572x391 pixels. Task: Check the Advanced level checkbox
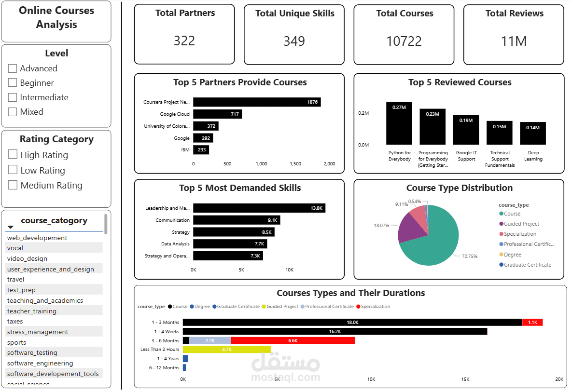point(13,68)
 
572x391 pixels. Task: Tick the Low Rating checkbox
point(13,170)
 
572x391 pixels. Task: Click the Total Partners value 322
point(184,40)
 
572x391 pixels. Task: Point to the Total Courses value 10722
point(404,41)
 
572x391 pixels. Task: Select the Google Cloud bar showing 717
point(217,114)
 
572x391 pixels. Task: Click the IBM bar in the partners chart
point(201,150)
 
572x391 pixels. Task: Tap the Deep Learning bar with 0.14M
point(533,134)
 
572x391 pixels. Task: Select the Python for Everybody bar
point(399,123)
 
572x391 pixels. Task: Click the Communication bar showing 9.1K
point(237,220)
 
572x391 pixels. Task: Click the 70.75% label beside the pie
point(469,256)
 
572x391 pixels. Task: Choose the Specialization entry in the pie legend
point(520,234)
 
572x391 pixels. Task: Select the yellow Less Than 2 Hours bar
point(226,350)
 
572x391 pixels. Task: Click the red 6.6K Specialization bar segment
point(293,340)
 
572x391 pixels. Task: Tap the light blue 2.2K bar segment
point(210,340)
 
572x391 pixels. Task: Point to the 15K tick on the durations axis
point(465,379)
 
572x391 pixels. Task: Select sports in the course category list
point(17,342)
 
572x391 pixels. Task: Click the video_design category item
point(27,258)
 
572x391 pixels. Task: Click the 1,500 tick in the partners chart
point(295,164)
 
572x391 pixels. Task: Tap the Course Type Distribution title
point(459,188)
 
